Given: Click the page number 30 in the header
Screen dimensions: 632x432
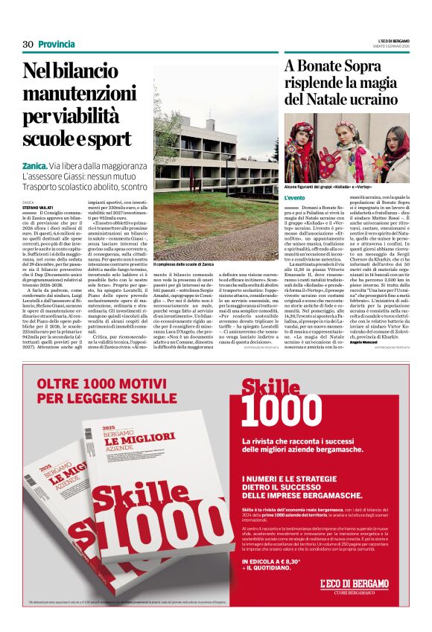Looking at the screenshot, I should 28,44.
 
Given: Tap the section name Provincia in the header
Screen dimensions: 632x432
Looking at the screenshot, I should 57,44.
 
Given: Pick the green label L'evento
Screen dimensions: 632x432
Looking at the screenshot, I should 296,198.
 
